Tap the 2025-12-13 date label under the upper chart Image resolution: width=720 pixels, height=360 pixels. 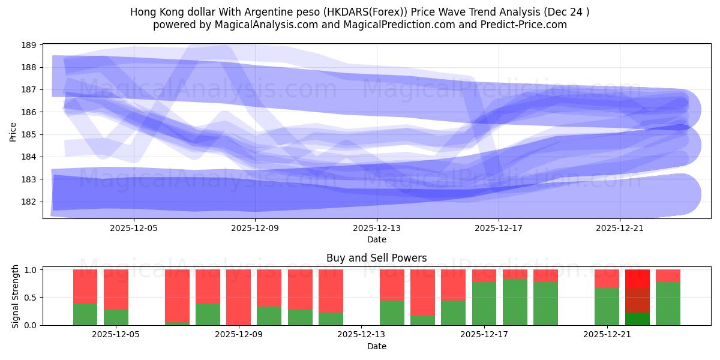377,228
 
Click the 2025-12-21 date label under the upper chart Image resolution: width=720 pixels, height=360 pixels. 620,228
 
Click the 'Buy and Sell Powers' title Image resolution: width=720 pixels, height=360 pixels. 376,258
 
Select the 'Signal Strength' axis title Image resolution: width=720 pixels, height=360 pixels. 16,297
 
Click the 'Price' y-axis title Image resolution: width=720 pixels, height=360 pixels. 13,131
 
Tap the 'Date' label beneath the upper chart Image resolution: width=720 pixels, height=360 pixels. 376,239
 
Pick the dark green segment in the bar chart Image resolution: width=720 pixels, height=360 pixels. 637,319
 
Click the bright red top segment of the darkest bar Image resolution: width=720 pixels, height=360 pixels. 637,278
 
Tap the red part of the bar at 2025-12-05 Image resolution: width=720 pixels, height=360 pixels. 116,289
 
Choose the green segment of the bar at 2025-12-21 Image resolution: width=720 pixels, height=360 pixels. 607,307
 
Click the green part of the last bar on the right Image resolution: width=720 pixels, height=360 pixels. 668,304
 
